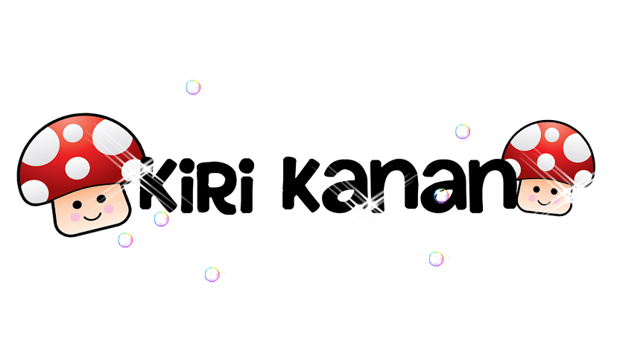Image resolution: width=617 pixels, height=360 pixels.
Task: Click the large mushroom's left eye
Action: click(77, 203)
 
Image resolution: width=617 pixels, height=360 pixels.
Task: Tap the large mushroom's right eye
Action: click(101, 199)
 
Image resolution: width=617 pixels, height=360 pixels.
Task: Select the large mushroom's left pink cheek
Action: click(75, 217)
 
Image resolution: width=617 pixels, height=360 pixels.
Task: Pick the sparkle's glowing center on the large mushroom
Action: click(132, 172)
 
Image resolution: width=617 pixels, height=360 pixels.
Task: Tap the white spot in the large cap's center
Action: click(77, 168)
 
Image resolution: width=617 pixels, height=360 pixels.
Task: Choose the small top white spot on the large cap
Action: click(73, 133)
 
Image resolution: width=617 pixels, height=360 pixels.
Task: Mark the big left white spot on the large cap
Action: click(34, 191)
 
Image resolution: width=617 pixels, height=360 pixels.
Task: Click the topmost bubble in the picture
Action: click(193, 87)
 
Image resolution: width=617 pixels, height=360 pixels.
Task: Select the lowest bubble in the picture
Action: click(212, 274)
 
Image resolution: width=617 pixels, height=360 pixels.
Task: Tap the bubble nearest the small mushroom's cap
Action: click(463, 131)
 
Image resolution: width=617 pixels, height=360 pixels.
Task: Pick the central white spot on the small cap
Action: click(546, 162)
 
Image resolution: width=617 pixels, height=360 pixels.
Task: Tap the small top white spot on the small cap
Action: click(551, 135)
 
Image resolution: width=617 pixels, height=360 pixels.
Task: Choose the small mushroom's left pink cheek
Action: click(531, 198)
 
